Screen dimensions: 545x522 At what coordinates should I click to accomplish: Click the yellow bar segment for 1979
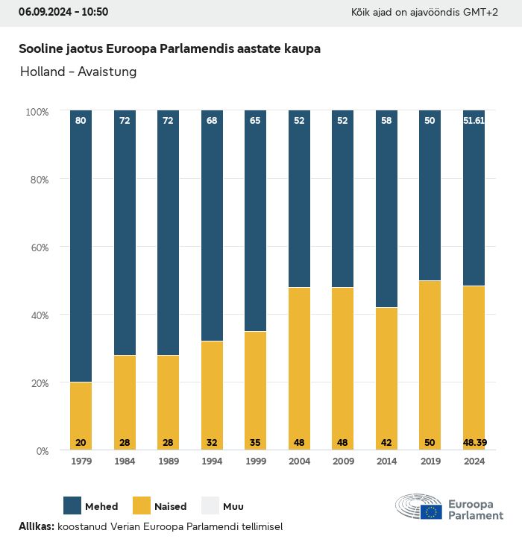coord(81,416)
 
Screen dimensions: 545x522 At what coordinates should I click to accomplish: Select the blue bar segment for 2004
coord(299,199)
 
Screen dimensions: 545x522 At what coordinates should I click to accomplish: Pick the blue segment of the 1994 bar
coord(212,226)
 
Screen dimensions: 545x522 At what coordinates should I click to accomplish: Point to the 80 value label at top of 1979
coord(81,120)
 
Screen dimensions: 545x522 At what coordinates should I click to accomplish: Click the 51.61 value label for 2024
coord(474,120)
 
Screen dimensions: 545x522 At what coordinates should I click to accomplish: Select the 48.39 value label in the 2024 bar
coord(474,443)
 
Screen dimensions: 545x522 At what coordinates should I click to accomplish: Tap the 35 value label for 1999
coord(256,443)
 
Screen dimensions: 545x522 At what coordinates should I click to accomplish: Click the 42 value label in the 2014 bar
coord(386,443)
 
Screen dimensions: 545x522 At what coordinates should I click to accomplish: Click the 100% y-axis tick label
coord(37,111)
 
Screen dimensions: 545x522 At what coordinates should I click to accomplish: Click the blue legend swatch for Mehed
coord(72,505)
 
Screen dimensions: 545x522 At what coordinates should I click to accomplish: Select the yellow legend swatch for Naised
coord(142,505)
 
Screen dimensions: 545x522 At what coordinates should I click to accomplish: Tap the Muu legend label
coord(233,507)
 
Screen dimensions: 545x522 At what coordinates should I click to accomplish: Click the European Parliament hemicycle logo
coord(419,506)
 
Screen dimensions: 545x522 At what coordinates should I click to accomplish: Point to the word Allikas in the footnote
coord(36,526)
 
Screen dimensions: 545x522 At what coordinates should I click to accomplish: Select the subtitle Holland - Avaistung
coord(78,72)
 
